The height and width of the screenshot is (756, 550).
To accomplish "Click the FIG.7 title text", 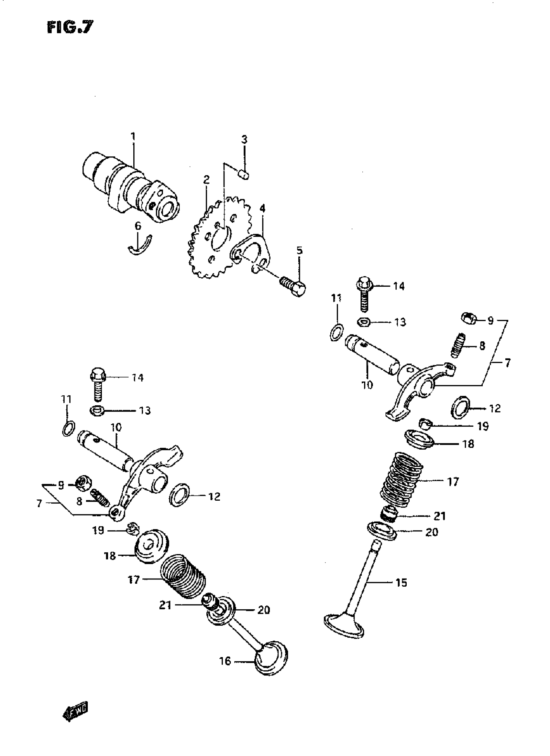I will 70,28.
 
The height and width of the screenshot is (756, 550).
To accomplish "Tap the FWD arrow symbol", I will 75,713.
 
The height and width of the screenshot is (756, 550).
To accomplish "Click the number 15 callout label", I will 401,583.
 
